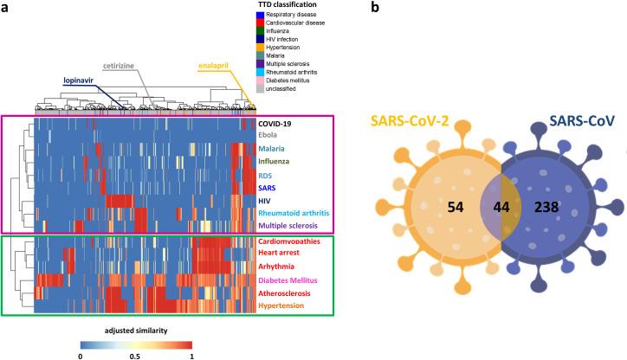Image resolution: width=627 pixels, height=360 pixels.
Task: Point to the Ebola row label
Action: [272, 135]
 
